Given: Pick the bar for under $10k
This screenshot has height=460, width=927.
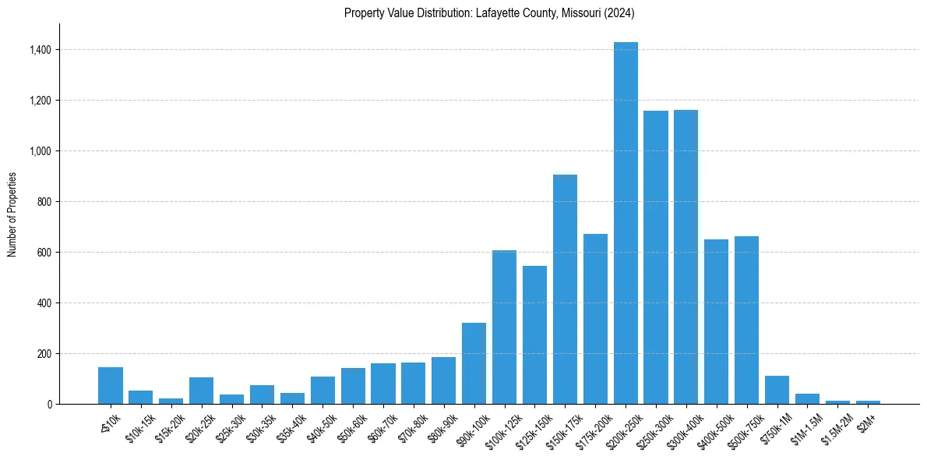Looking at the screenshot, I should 111,385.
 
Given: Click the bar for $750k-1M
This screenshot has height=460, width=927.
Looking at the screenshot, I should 777,390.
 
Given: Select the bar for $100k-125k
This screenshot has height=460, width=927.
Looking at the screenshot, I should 504,327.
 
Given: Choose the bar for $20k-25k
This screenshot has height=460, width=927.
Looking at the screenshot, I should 201,391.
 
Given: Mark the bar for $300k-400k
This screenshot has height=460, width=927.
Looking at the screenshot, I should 686,257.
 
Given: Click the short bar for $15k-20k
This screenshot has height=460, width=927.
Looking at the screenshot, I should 171,401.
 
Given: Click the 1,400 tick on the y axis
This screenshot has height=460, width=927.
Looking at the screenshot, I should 41,50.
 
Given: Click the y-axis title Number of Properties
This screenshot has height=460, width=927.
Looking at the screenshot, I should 12,214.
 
